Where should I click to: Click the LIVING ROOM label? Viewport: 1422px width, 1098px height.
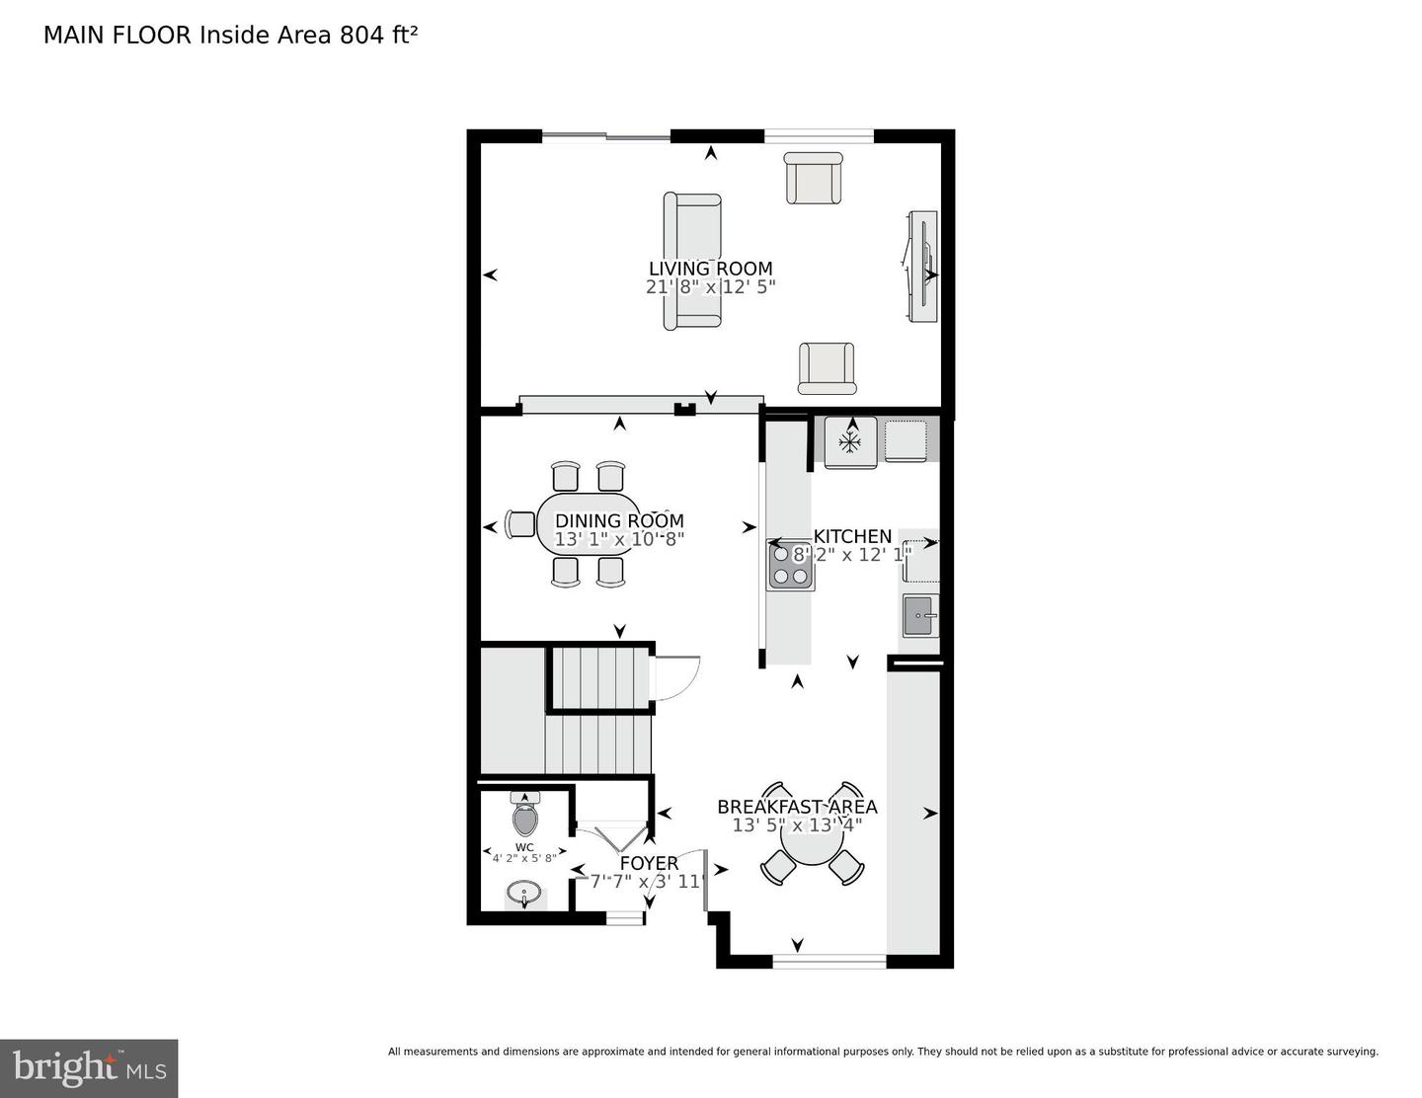710,269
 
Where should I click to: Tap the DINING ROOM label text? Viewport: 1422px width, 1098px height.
619,521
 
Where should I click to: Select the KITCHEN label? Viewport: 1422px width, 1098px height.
852,536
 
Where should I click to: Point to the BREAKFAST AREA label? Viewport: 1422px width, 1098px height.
797,807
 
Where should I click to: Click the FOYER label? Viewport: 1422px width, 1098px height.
649,863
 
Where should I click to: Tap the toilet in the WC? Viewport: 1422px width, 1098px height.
524,812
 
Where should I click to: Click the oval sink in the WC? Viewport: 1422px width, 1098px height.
524,894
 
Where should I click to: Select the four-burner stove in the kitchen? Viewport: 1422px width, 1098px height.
791,566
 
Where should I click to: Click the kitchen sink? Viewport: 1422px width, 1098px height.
920,616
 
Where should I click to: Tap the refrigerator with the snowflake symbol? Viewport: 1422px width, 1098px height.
850,442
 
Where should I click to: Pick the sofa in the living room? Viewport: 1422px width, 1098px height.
691,261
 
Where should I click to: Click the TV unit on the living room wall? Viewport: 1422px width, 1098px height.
920,267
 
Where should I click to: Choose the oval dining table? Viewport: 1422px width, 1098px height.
587,523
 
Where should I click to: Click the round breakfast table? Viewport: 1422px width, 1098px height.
812,845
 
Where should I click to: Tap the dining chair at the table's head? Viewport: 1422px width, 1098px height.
520,524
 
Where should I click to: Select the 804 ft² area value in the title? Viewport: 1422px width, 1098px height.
378,35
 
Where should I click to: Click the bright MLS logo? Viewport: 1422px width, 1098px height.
89,1068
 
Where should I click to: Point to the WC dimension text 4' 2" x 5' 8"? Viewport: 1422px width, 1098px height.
524,858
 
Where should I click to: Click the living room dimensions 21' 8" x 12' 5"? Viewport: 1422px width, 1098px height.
711,287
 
